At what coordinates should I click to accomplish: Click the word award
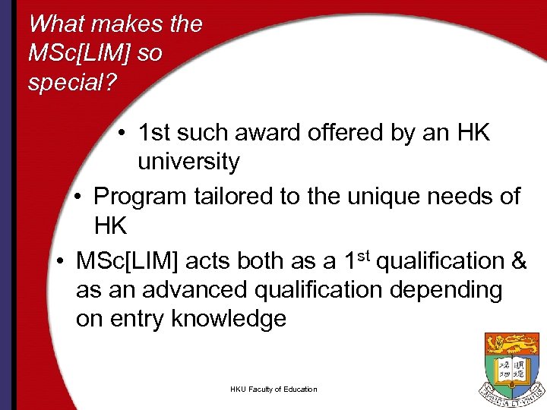click(x=270, y=134)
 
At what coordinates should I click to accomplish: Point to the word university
click(x=188, y=162)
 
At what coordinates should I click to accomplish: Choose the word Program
click(x=139, y=196)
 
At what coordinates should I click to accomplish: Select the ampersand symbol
click(x=519, y=261)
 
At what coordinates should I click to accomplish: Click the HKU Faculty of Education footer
click(x=273, y=389)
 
